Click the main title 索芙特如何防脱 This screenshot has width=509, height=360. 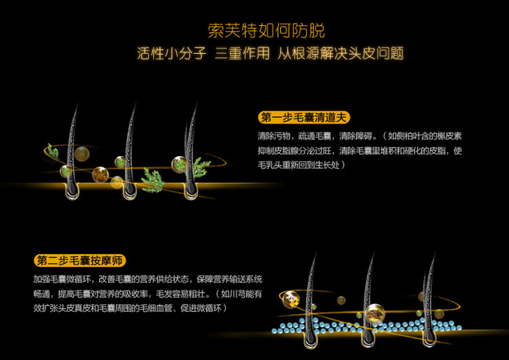point(266,31)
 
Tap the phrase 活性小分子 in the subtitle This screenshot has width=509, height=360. point(172,53)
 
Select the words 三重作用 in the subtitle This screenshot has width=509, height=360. point(242,53)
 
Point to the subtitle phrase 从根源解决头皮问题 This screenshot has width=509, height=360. point(340,53)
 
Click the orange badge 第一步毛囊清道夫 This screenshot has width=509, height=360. point(304,117)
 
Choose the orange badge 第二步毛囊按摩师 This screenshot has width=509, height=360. point(79,260)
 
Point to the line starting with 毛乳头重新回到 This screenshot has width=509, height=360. point(302,165)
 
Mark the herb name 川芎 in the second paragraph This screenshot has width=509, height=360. point(237,294)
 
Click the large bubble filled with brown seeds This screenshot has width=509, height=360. point(374,314)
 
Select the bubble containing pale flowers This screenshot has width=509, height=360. point(291,299)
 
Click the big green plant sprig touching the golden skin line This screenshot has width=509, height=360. point(152,181)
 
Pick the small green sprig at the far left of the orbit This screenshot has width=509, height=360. point(52,151)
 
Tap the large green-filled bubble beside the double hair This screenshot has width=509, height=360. point(179,164)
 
